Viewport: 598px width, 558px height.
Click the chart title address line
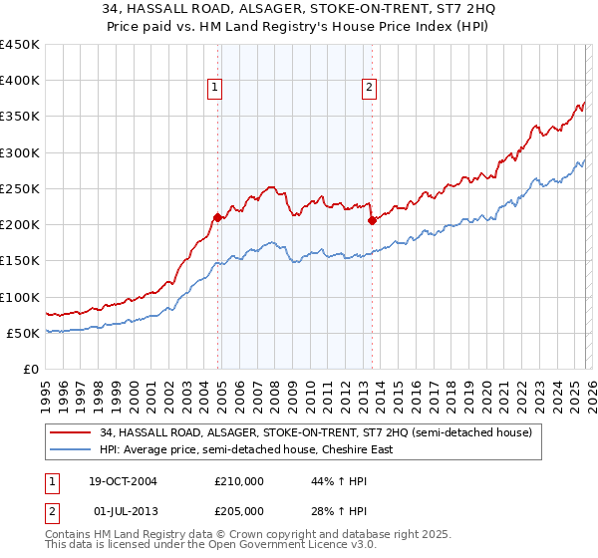(299, 11)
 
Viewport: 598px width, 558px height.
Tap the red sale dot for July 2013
(371, 221)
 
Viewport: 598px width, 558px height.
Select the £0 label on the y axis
(30, 369)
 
